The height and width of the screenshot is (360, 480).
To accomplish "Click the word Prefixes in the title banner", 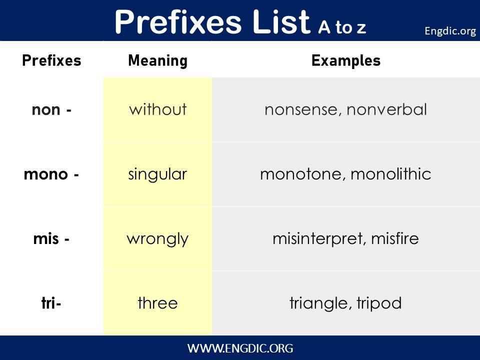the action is click(x=178, y=21).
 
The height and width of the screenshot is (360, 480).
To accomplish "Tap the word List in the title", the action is click(x=281, y=21).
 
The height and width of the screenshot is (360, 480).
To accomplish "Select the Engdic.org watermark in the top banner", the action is click(x=450, y=31).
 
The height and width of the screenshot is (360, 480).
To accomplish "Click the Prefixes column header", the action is click(x=51, y=60).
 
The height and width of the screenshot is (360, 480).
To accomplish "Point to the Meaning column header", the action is click(x=158, y=60).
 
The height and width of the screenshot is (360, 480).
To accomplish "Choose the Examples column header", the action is click(x=346, y=60).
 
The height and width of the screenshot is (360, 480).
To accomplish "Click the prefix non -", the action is click(x=51, y=109).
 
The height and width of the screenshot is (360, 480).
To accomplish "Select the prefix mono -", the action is click(x=51, y=174).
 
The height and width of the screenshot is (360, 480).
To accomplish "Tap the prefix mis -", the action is click(x=51, y=239).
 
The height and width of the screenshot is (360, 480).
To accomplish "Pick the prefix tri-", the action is click(x=51, y=303).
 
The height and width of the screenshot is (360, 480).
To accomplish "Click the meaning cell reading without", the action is click(x=158, y=109).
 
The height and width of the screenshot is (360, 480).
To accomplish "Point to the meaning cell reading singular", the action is click(x=157, y=175).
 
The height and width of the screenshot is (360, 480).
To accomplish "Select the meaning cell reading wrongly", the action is click(x=157, y=239).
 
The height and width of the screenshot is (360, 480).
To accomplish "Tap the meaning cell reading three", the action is click(x=157, y=303).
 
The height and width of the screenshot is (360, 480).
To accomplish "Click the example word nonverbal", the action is click(x=386, y=109).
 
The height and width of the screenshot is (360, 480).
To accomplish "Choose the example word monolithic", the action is click(x=391, y=174).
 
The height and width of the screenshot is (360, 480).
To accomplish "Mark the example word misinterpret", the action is click(x=318, y=239).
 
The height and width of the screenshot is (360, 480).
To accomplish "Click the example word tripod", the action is click(x=379, y=303).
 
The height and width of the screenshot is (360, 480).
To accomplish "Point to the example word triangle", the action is click(x=318, y=303).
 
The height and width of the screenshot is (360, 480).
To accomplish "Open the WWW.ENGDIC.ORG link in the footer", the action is click(x=240, y=348).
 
